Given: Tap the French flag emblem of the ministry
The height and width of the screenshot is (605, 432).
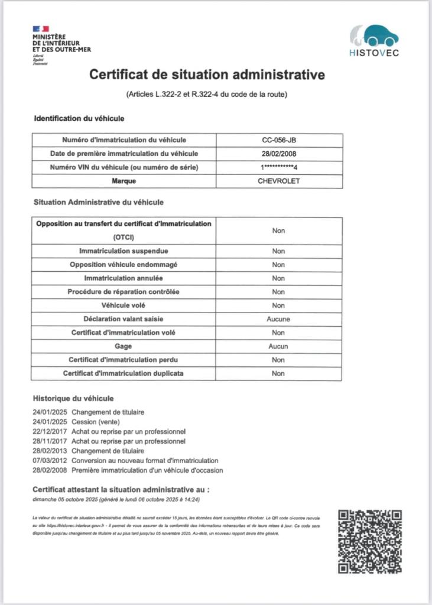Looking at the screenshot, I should pos(41,28).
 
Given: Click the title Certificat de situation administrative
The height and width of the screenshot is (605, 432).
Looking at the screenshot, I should pos(207,75).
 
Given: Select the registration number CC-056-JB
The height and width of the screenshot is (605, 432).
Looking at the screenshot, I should pos(279,140).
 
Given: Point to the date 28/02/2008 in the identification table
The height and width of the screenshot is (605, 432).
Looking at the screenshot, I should pos(279,154).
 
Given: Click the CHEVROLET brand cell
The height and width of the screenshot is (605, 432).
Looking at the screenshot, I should pos(279,181).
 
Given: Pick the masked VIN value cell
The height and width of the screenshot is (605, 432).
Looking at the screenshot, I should pos(279,168).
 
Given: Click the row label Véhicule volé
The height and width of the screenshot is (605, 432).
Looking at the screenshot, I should pos(124,305).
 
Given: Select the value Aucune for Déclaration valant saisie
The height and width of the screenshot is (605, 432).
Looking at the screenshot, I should pos(278,319).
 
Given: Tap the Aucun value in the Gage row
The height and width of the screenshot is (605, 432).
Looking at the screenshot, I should pos(278,346).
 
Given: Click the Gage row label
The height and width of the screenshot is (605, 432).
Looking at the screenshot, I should pos(124,346).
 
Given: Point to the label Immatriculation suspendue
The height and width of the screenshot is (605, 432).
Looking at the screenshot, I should pos(124,251).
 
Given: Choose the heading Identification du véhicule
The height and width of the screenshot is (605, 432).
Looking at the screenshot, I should pos(79,119).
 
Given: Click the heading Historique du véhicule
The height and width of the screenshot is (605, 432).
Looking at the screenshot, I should pos(73,398).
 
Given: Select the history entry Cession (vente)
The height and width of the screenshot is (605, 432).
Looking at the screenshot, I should pos(96,422).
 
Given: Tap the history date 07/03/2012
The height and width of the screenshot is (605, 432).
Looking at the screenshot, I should pos(51,460).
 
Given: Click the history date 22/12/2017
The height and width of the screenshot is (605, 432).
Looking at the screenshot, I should pos(51,431).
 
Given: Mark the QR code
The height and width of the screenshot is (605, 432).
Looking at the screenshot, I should pos(370,541).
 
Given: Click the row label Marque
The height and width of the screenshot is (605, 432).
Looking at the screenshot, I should pos(124,181).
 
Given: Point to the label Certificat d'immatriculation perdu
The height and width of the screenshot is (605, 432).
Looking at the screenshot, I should pos(124,360).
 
